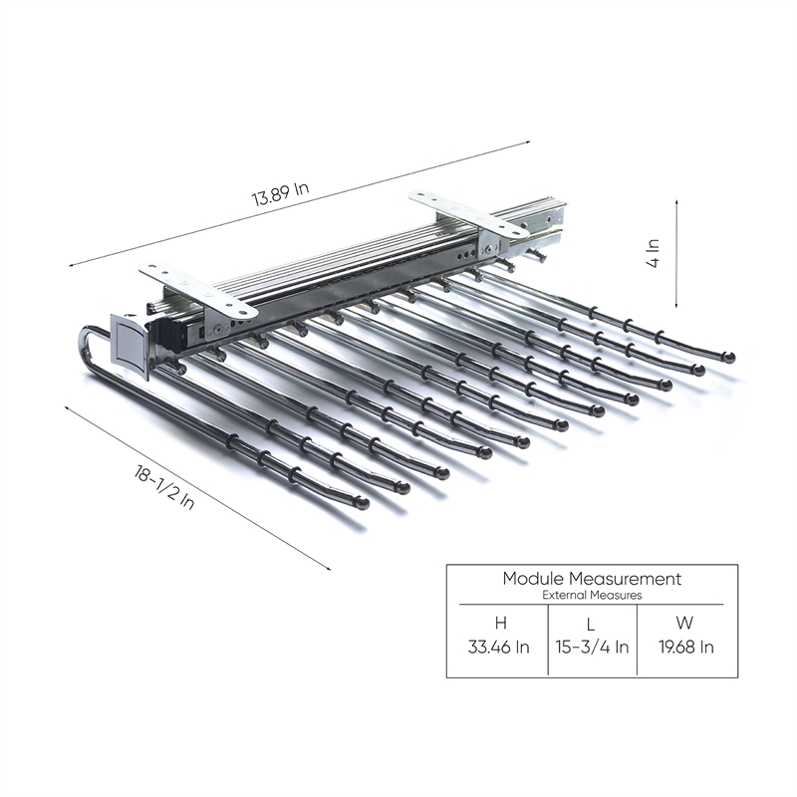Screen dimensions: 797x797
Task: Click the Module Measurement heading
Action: (x=592, y=579)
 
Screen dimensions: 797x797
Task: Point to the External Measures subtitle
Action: (x=592, y=595)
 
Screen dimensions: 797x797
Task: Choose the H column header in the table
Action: (x=500, y=624)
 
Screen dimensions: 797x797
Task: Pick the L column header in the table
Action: (x=591, y=624)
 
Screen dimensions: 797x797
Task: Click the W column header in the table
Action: (x=684, y=624)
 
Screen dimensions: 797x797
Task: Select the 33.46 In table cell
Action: (x=500, y=647)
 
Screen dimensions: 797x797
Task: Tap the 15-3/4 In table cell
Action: (x=592, y=647)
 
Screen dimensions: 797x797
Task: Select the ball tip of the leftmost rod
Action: (x=364, y=502)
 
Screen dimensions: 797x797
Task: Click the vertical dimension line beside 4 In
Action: (x=678, y=253)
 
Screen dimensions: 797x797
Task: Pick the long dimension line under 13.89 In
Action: (x=299, y=204)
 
